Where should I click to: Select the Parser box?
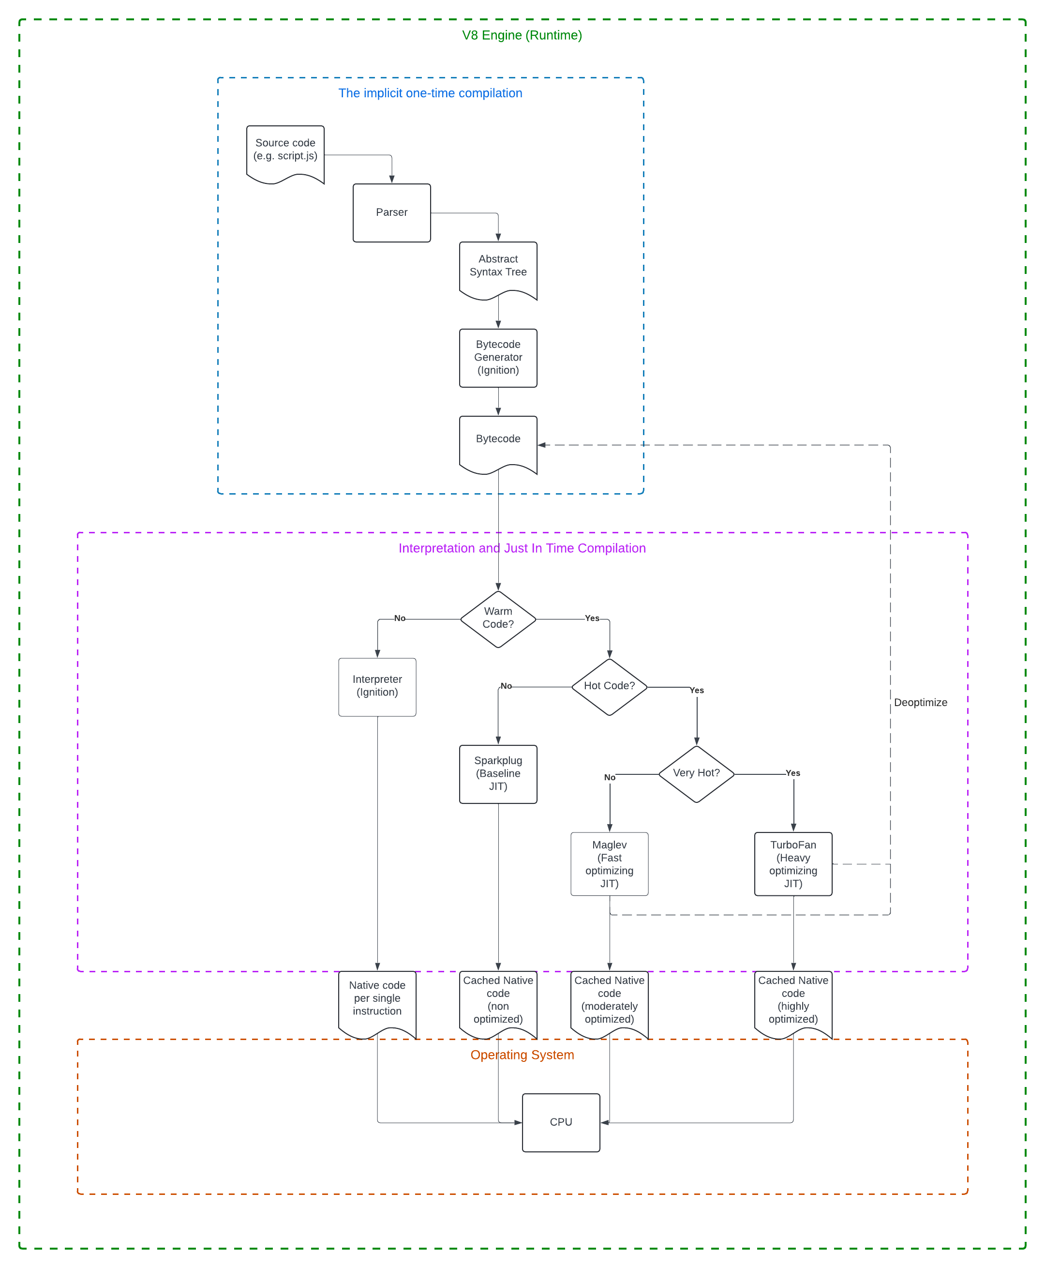[391, 212]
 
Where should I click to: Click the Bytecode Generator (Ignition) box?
[498, 358]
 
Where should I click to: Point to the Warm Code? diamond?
[498, 619]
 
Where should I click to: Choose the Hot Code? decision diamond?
[609, 686]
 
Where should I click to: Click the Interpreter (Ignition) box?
[377, 686]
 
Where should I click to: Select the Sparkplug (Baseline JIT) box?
[498, 774]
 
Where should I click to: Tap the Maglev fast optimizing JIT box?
[609, 863]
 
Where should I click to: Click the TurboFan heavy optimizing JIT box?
[793, 863]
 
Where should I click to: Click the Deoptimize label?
[920, 703]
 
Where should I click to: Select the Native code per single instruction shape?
[377, 1001]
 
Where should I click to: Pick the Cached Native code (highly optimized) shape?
[793, 1001]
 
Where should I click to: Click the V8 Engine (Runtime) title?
[522, 35]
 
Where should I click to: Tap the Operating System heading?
[522, 1055]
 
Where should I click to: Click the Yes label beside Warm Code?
[592, 619]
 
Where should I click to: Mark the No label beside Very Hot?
[609, 777]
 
